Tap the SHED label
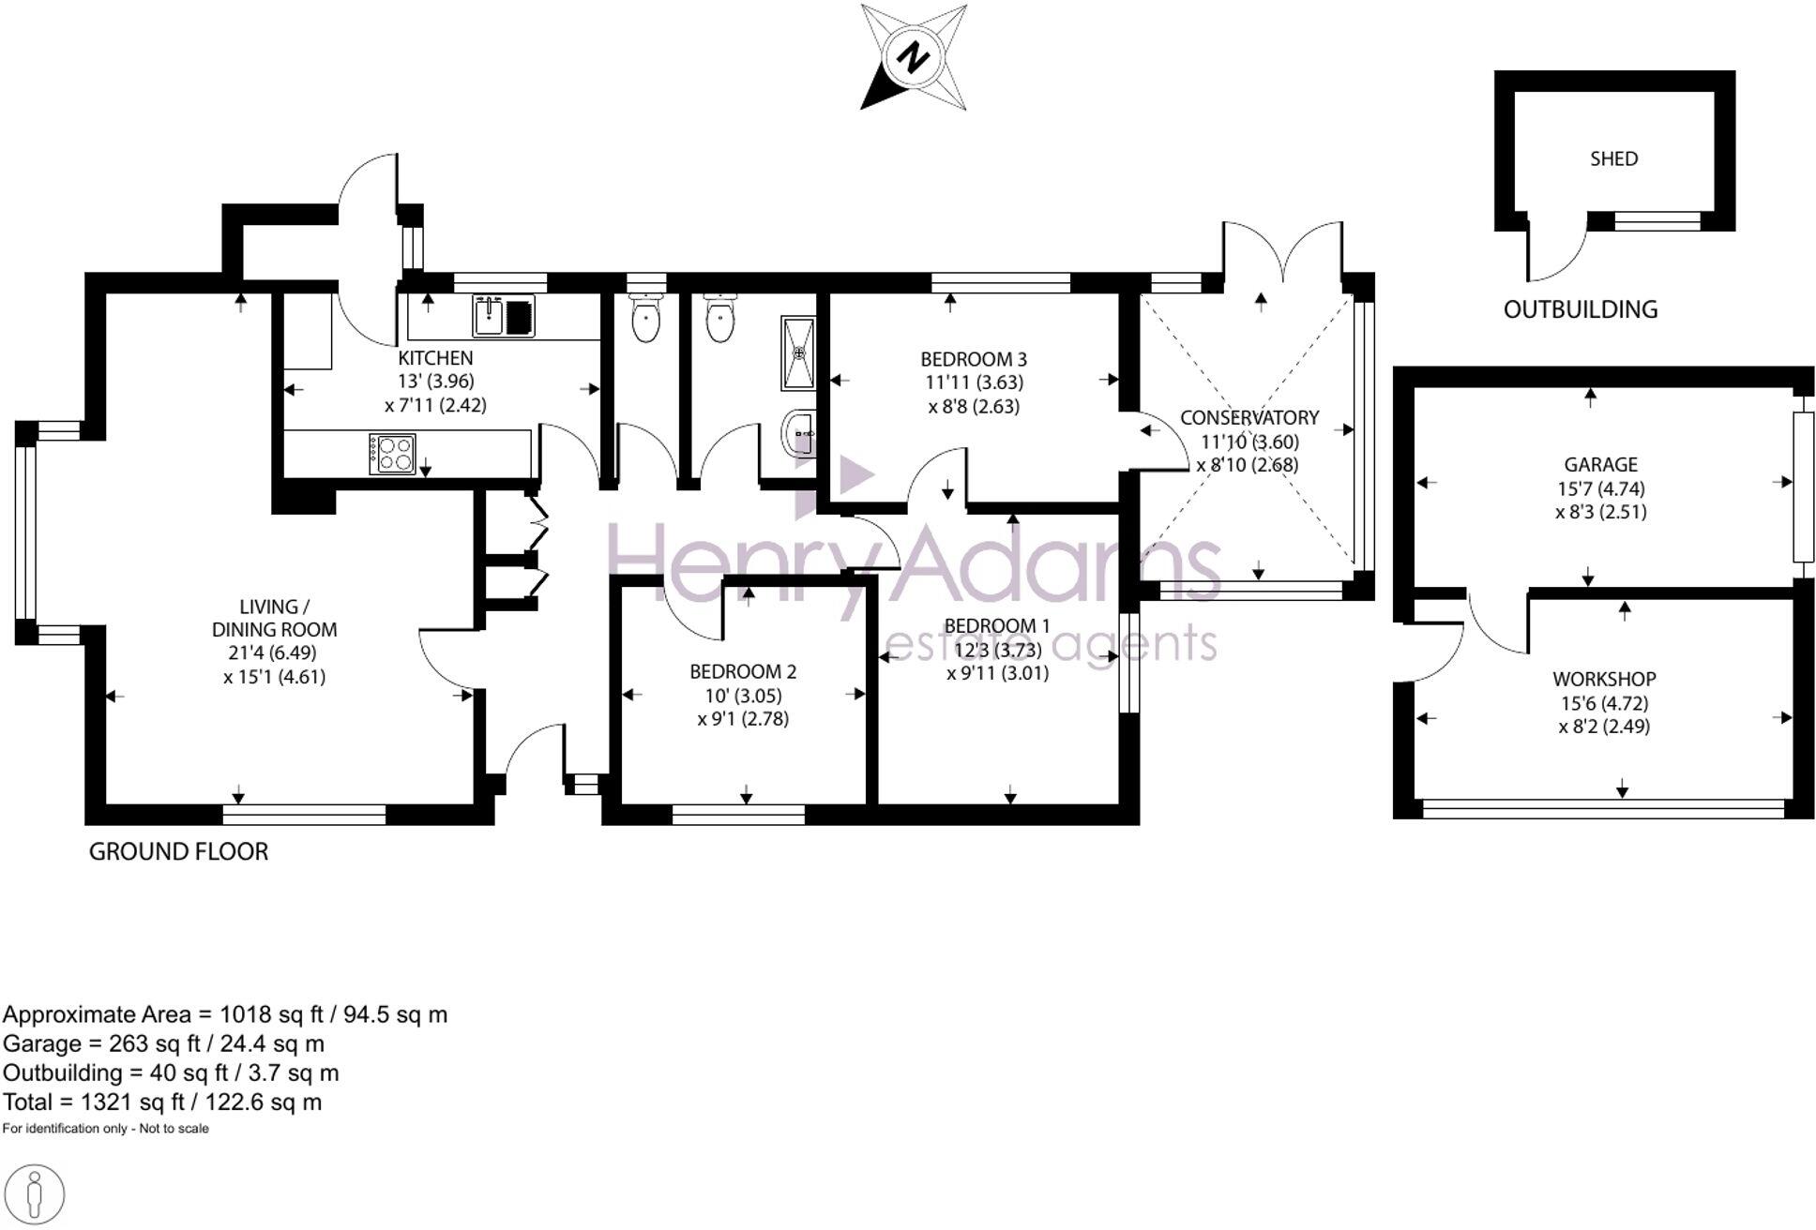tap(1613, 159)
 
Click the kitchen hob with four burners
tap(392, 455)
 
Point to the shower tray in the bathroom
tap(798, 353)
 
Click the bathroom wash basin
tap(798, 433)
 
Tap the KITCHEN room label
tap(435, 358)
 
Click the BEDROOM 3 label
tap(973, 359)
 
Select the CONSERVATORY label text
tap(1248, 418)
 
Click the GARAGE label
tap(1600, 465)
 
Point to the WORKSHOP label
tap(1603, 679)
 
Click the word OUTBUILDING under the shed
tap(1580, 309)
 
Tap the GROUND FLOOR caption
tap(178, 851)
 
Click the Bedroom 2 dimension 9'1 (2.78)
tap(743, 719)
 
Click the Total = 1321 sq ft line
tap(162, 1102)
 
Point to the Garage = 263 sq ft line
tap(164, 1043)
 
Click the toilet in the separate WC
tap(646, 320)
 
